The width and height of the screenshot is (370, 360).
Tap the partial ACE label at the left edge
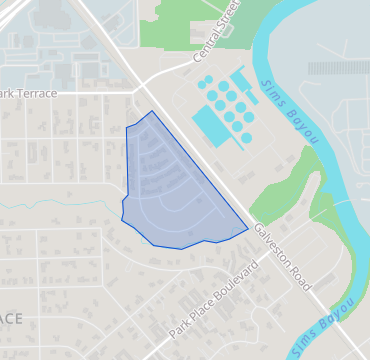[10, 318]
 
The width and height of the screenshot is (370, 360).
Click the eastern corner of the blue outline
[248, 229]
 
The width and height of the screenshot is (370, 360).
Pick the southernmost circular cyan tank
[246, 138]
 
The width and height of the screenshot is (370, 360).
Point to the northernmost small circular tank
[204, 79]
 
